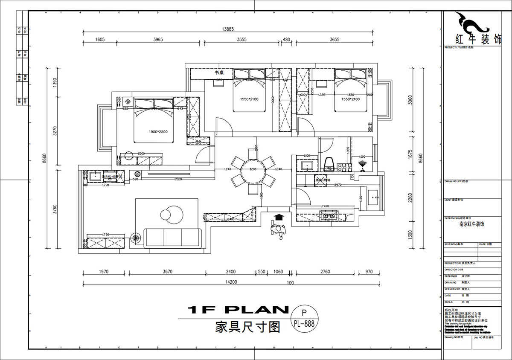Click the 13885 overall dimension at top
227,29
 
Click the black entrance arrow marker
279,218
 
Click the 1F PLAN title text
238,310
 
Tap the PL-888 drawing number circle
304,319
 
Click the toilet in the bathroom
329,163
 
